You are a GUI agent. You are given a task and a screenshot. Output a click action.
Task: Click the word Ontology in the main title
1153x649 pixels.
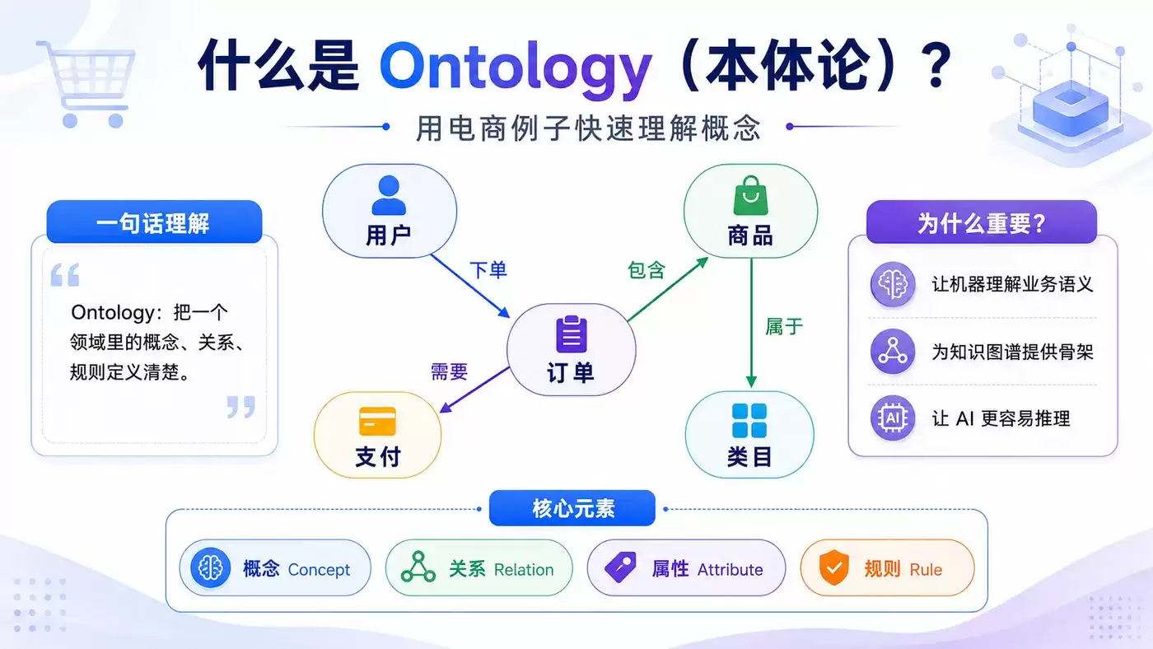pos(516,68)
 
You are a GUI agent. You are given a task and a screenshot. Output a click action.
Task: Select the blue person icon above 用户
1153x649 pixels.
pos(389,195)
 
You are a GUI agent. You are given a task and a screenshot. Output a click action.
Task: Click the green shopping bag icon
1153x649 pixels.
pos(750,195)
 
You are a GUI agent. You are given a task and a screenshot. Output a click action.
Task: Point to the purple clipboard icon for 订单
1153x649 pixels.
pos(572,334)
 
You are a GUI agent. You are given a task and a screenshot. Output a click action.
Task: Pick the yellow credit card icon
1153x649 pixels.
pos(377,422)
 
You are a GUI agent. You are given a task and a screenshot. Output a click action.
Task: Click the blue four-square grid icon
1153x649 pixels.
pos(749,421)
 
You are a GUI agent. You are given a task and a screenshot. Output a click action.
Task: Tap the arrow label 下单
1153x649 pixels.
pos(488,270)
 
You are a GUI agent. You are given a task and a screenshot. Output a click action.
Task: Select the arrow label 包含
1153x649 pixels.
pos(647,270)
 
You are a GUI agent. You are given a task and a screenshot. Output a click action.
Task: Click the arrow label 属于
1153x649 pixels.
pos(784,326)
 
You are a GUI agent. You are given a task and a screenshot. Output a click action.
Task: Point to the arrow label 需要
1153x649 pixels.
pos(449,371)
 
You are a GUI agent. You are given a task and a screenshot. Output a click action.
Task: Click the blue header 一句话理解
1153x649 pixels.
pos(154,222)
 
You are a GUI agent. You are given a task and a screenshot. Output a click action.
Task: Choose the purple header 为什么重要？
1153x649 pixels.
pos(982,222)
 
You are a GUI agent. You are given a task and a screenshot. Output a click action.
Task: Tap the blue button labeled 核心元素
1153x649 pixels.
pos(572,508)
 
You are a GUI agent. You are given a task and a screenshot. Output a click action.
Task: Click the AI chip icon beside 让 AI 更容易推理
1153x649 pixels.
pos(893,418)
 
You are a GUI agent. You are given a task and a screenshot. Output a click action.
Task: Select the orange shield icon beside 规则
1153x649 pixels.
pos(833,567)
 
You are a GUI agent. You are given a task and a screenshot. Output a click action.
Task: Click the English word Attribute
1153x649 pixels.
pos(730,570)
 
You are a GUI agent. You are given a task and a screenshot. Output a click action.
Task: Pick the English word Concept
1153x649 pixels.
pos(319,570)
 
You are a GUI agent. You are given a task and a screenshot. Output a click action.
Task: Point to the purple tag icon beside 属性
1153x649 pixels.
pos(620,567)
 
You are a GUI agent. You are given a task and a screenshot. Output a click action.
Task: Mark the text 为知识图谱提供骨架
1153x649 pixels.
pos(1012,352)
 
